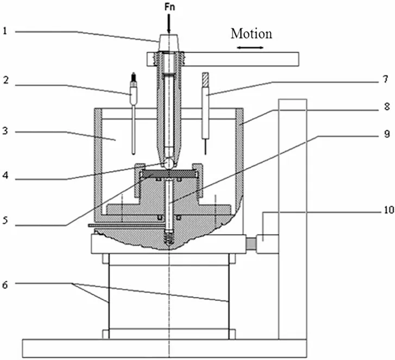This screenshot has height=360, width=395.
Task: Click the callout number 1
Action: click(x=5, y=31)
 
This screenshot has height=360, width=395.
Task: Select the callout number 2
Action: click(x=5, y=80)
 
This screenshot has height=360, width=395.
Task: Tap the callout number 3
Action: click(x=5, y=131)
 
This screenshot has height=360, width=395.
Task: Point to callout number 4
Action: click(x=5, y=175)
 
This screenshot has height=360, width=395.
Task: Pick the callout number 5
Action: click(x=5, y=220)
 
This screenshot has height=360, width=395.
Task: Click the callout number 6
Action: click(x=5, y=285)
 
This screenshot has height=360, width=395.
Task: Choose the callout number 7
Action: click(x=385, y=80)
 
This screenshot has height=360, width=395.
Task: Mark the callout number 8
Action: click(x=387, y=106)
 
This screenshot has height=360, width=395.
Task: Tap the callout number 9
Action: click(x=387, y=134)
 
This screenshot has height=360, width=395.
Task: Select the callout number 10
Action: click(x=389, y=210)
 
